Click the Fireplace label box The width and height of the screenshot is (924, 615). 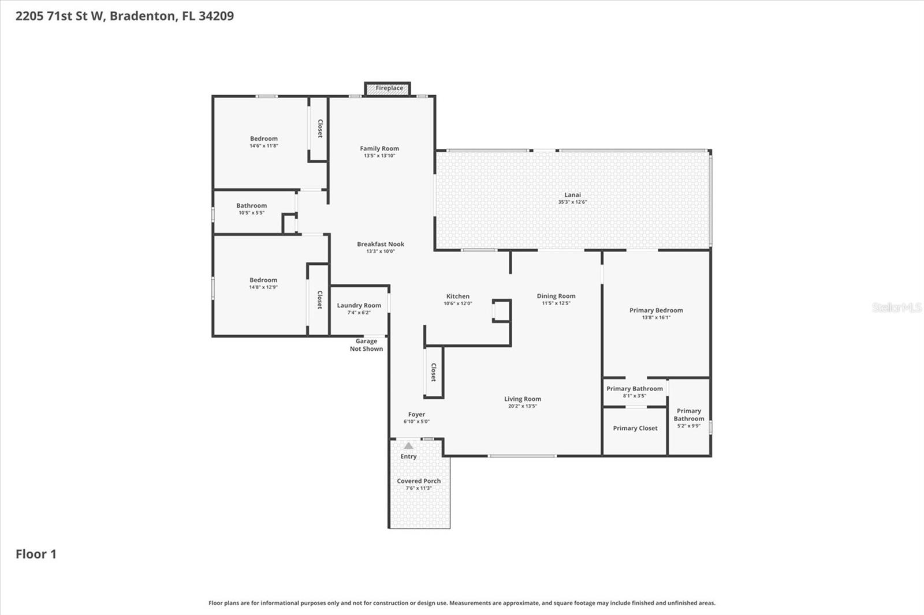click(x=388, y=88)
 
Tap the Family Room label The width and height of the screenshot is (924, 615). click(x=379, y=148)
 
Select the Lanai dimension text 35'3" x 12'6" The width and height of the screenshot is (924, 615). click(x=572, y=202)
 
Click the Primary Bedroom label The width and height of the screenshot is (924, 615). click(x=656, y=310)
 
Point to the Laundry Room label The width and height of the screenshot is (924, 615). click(x=359, y=305)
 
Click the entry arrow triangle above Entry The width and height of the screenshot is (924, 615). click(x=408, y=446)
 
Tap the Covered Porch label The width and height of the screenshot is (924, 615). click(x=419, y=481)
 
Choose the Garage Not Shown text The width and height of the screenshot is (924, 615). click(x=366, y=345)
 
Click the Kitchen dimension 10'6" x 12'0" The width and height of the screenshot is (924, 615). click(x=457, y=303)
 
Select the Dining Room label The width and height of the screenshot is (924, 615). click(x=556, y=296)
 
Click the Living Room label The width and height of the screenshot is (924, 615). click(x=522, y=399)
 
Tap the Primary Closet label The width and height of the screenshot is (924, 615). click(x=635, y=428)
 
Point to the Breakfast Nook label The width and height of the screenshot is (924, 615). click(x=380, y=244)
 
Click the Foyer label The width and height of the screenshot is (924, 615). click(x=416, y=414)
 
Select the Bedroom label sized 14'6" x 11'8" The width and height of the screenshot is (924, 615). click(x=263, y=138)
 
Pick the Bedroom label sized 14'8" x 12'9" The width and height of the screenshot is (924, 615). click(x=263, y=280)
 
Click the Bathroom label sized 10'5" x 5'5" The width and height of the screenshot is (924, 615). click(x=251, y=205)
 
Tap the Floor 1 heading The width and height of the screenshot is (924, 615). click(x=36, y=554)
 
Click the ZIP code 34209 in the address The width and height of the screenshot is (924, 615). click(x=216, y=16)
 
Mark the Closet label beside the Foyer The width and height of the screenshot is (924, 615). click(x=433, y=372)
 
